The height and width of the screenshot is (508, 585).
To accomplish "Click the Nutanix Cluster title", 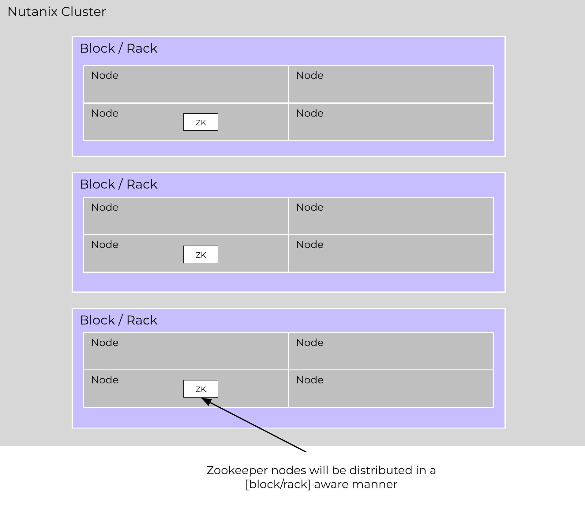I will pos(57,12).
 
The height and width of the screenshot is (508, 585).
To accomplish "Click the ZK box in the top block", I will pos(201,122).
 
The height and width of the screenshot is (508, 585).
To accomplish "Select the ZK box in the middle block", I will pos(201,254).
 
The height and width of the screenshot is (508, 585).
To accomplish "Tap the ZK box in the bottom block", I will pos(201,389).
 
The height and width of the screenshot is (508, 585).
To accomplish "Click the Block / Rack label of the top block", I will pos(118,48).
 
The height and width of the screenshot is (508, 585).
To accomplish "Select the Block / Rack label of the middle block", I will pos(118,184).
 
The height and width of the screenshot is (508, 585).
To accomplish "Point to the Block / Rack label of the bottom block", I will pos(118,320).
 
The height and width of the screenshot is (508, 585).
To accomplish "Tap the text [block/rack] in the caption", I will pos(278,484).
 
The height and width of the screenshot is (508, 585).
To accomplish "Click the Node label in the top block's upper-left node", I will pos(105,76).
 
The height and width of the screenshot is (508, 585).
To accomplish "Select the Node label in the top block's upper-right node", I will pos(309,76).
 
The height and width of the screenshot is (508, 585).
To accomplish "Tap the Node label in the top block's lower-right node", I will pos(309,113).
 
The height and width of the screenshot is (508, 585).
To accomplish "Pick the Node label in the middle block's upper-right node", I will pos(309,207).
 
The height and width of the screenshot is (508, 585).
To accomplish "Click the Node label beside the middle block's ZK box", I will pos(105,245).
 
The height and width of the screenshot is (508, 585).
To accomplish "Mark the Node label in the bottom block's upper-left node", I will pos(105,343).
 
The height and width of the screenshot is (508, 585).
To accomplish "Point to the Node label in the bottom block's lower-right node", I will pos(309,380).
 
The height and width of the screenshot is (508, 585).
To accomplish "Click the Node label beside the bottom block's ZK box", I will pos(105,380).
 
